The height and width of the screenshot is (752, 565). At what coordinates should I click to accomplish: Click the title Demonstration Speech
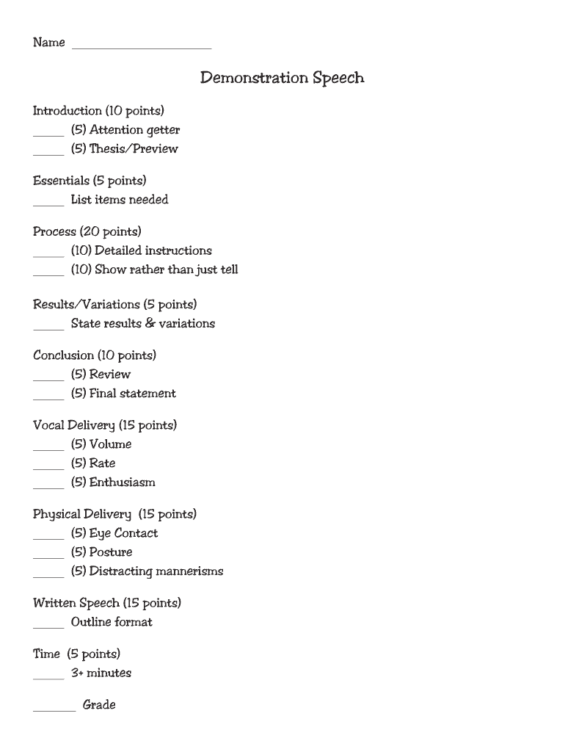pos(282,78)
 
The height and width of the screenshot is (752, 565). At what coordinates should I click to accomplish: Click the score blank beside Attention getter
pos(48,134)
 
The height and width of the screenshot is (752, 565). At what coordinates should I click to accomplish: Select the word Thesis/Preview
pos(134,149)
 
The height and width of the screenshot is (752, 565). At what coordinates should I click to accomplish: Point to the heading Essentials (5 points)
pos(90,181)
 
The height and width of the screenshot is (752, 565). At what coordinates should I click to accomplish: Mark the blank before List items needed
pos(48,204)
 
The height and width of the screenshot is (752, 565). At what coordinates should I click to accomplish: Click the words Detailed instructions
pos(153,250)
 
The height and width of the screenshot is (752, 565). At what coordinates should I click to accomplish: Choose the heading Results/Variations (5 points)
pos(115,305)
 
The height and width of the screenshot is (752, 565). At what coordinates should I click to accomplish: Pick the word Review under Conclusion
pos(110,375)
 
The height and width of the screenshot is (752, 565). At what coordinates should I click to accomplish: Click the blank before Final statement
pos(48,398)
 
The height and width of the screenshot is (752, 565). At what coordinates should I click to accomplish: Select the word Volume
pos(111,444)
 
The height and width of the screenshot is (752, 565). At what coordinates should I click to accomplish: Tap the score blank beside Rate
pos(48,468)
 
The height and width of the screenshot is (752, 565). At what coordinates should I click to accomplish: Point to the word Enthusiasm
pos(123,482)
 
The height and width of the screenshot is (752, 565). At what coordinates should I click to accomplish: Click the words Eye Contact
pos(123,533)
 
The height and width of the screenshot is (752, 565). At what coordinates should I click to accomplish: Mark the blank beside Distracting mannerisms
pos(48,576)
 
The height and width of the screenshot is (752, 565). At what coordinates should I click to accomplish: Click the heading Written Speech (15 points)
pos(107,604)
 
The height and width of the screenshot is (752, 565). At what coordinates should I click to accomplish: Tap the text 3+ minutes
pos(101,673)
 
